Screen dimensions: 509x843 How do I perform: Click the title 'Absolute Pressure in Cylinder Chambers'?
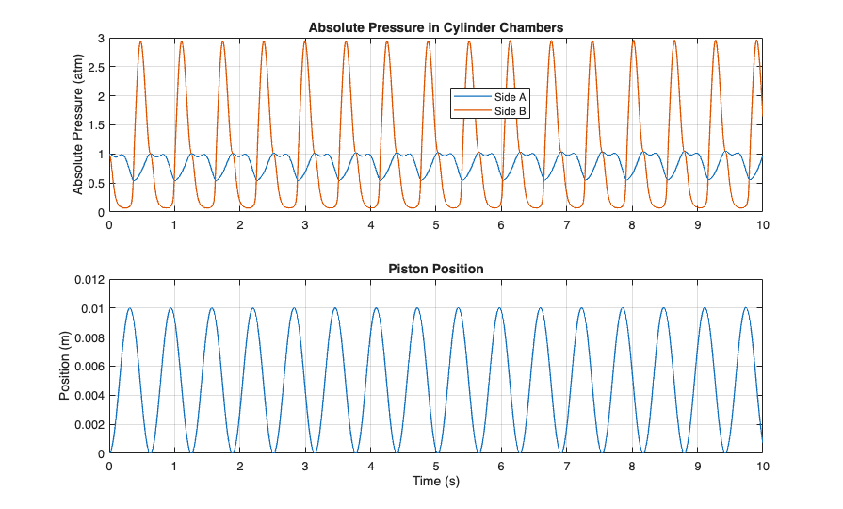point(435,27)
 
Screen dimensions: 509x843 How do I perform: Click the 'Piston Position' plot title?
point(435,269)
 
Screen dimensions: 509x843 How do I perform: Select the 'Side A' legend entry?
point(510,97)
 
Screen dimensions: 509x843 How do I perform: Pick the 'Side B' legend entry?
point(510,111)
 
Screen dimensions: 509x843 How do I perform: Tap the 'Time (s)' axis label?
point(435,481)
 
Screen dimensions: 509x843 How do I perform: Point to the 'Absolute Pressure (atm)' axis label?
point(78,125)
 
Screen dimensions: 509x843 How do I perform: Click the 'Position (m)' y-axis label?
point(66,367)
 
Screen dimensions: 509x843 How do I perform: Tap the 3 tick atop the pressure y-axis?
point(101,38)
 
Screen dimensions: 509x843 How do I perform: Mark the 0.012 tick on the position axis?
point(89,280)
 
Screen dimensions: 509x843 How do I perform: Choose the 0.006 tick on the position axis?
point(89,367)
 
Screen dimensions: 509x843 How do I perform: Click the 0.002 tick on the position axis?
point(89,424)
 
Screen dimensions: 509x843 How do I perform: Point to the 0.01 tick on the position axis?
point(92,308)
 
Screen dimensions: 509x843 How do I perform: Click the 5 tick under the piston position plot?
point(436,466)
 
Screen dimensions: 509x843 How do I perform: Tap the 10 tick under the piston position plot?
point(762,466)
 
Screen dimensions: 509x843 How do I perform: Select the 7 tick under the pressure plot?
point(566,225)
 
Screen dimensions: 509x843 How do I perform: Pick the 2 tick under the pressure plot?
point(240,225)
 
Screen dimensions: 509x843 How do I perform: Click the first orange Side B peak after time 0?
point(141,41)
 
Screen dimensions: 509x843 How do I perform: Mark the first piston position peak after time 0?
point(130,308)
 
